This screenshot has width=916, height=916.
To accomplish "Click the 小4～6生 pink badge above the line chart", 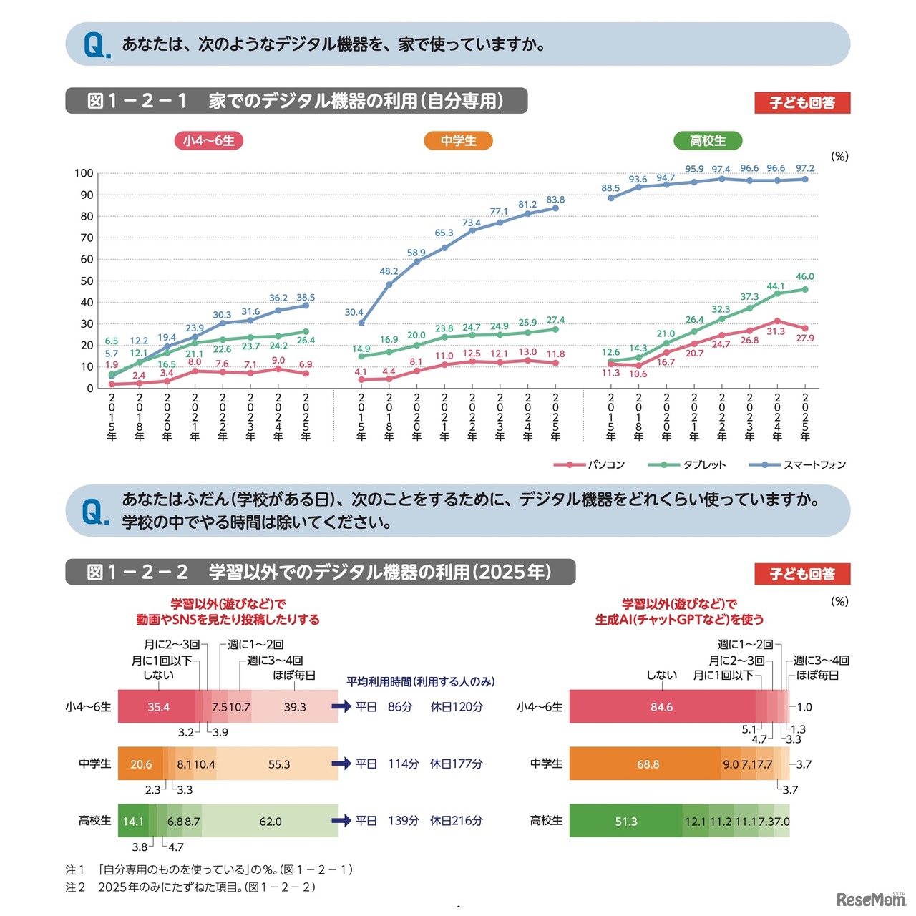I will tap(209, 140).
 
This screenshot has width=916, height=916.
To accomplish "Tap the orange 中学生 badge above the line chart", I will tap(458, 140).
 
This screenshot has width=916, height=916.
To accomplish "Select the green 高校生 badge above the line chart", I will tap(707, 140).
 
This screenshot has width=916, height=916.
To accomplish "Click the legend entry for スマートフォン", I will tap(797, 465).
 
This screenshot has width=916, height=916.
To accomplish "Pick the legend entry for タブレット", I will tap(687, 465).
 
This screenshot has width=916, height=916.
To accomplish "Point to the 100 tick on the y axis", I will tap(84, 173).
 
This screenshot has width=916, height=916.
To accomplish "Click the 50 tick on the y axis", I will tap(87, 281).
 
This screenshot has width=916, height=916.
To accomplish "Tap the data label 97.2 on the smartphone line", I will tap(804, 168).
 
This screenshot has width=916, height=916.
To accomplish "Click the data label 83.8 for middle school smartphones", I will tap(555, 200).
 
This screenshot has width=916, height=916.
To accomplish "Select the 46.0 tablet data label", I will tap(804, 276).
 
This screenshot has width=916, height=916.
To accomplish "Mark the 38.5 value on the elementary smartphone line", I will tap(306, 297).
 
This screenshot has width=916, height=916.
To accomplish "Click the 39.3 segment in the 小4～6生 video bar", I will tap(295, 707).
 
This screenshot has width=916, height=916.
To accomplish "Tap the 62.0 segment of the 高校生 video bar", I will tap(271, 822).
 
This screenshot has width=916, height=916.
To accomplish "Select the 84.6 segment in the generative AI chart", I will tap(661, 707).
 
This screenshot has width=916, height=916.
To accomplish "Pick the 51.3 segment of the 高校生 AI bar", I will tap(626, 822).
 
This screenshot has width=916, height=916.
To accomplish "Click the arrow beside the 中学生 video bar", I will tap(341, 764).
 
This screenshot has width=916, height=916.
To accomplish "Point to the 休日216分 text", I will tap(456, 821).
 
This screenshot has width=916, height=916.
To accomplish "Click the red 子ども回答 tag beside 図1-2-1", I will tap(802, 102).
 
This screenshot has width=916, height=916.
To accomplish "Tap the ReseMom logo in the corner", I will tap(870, 899).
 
